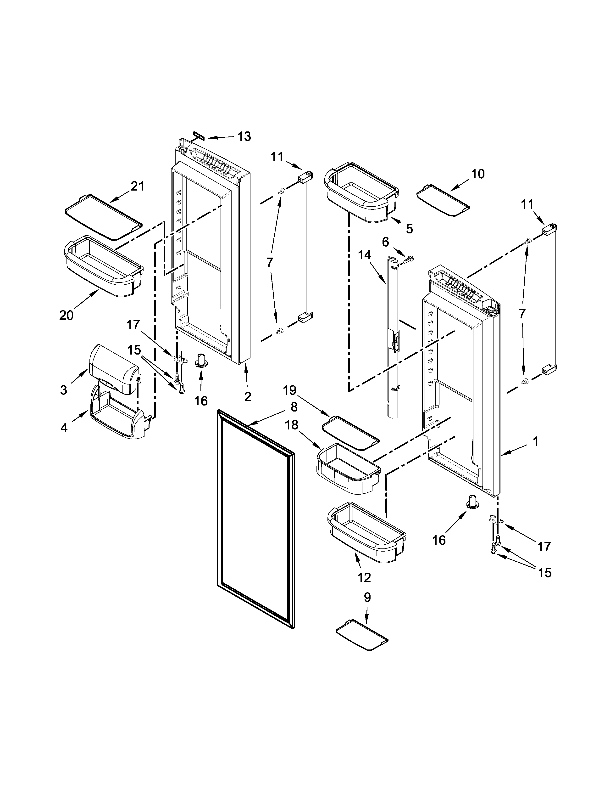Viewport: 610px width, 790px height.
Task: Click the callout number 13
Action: [244, 136]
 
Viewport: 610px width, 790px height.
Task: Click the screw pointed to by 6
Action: [410, 259]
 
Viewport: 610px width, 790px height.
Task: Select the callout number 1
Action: [536, 441]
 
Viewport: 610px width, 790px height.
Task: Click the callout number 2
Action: [248, 396]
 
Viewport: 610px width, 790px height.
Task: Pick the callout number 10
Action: [478, 174]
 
